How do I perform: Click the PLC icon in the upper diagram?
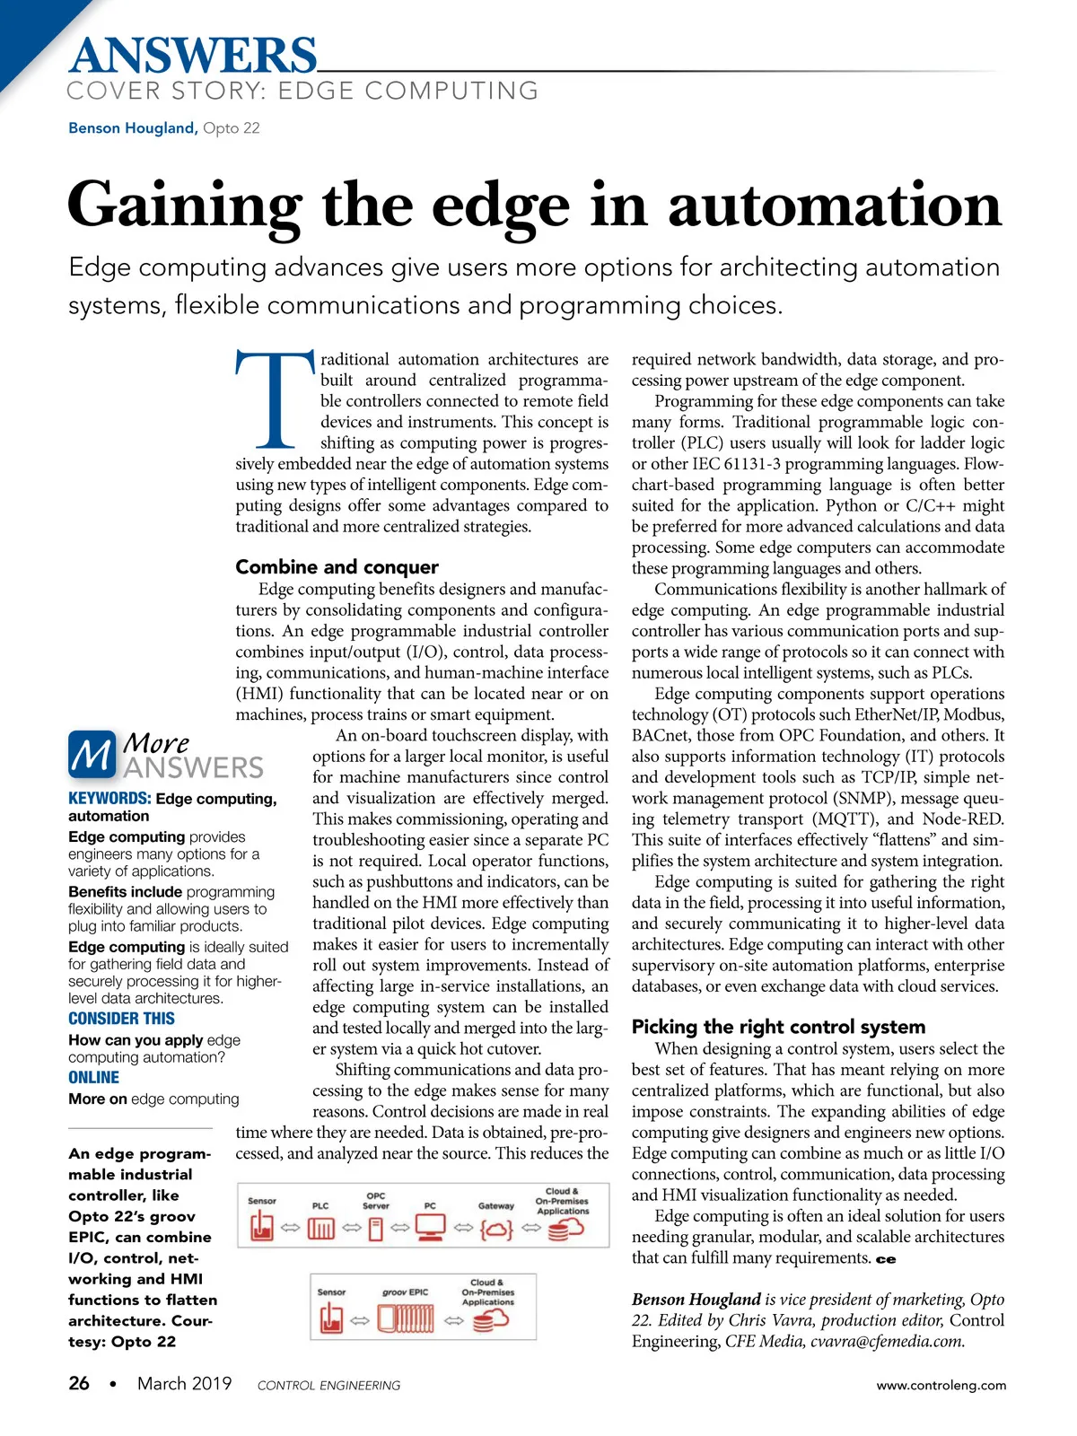tap(320, 1228)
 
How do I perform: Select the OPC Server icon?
tap(376, 1228)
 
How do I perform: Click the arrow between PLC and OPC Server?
tap(350, 1228)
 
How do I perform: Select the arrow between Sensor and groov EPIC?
tap(360, 1320)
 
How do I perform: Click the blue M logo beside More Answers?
tap(92, 755)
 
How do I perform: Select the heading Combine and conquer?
tap(337, 567)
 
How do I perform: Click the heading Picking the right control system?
tap(777, 1027)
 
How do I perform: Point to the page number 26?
tap(79, 1383)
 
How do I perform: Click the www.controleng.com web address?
tap(941, 1385)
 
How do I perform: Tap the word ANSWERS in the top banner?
tap(193, 56)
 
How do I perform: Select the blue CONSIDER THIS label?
tap(121, 1019)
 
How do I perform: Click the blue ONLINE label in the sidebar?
tap(93, 1078)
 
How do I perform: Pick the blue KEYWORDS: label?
tap(109, 798)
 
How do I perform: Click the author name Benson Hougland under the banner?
tap(132, 127)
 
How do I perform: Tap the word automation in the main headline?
tap(834, 206)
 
